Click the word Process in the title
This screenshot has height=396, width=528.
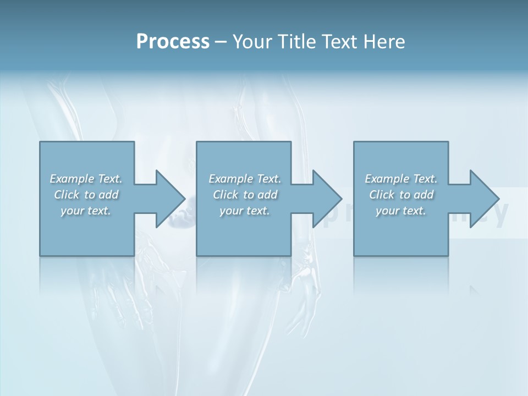pos(173,42)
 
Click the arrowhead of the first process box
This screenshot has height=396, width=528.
pos(170,199)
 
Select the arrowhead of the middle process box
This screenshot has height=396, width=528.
pos(327,199)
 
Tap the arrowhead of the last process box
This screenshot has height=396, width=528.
pos(484,199)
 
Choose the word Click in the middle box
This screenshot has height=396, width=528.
pos(226,195)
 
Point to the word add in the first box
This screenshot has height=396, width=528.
pos(109,195)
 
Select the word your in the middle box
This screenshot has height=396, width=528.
pos(231,211)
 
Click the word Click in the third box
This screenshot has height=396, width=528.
pos(382,195)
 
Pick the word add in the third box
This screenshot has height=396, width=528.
pos(424,195)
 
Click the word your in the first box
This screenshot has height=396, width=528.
pos(72,211)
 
